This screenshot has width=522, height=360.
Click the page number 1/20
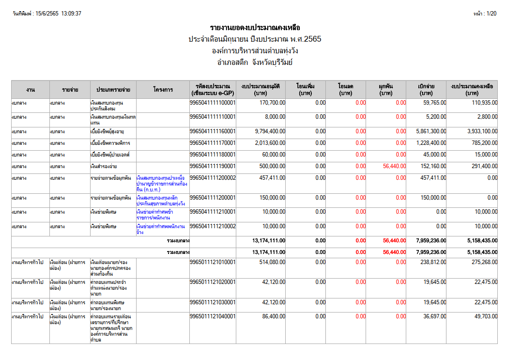click(491, 14)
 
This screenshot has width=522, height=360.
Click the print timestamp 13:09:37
click(71, 14)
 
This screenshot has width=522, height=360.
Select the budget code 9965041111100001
click(213, 103)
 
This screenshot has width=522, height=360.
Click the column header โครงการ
click(163, 90)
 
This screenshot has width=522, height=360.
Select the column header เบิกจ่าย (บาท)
click(426, 90)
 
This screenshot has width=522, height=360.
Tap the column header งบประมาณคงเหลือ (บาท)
click(472, 90)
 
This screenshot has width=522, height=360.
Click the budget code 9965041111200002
click(213, 178)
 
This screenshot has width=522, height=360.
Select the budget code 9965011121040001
click(213, 316)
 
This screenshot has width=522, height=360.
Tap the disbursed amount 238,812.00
click(433, 262)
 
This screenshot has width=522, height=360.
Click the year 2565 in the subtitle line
click(312, 39)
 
